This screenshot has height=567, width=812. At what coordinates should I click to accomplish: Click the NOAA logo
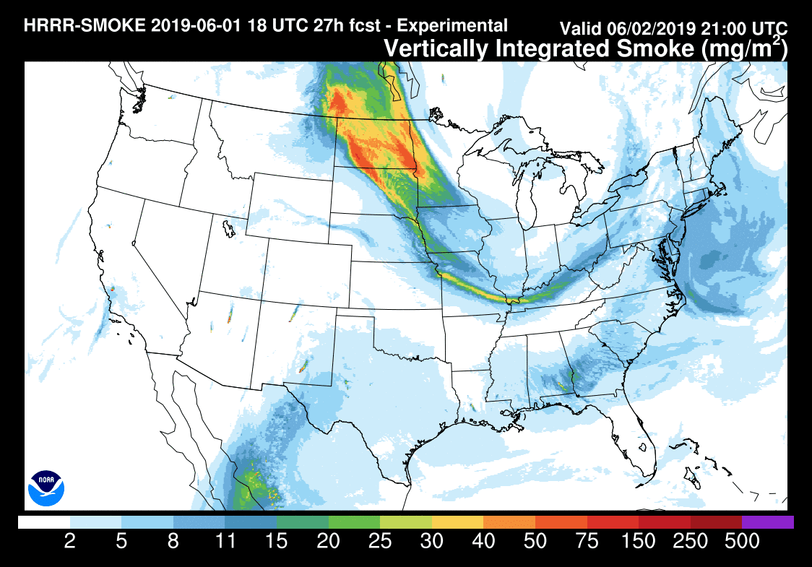[46, 488]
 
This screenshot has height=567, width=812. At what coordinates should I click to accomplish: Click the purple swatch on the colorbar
[767, 521]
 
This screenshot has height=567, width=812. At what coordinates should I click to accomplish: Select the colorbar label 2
[70, 542]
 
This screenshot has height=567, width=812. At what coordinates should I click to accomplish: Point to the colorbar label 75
[587, 542]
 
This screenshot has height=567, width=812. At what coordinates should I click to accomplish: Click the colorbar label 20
[329, 542]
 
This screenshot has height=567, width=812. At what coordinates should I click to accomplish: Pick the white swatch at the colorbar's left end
[44, 521]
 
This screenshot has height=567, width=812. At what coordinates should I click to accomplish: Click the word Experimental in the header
[453, 26]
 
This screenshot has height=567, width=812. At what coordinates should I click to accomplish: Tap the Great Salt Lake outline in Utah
[229, 229]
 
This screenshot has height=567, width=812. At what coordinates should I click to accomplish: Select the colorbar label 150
[639, 542]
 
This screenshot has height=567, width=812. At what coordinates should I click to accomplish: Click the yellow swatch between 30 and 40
[457, 521]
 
